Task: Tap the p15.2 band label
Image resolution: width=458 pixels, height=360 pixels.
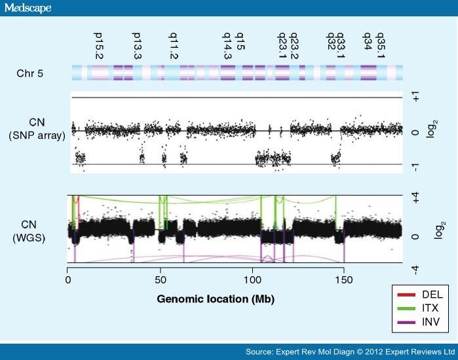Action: coord(99,46)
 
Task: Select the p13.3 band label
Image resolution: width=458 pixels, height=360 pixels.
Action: coord(136,46)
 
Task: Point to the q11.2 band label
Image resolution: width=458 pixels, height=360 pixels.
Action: coord(174,46)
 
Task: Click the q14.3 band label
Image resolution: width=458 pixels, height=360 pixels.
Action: coord(227,46)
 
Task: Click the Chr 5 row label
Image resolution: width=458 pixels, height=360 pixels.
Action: coord(30,73)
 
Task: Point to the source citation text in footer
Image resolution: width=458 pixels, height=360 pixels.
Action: coord(351,352)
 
